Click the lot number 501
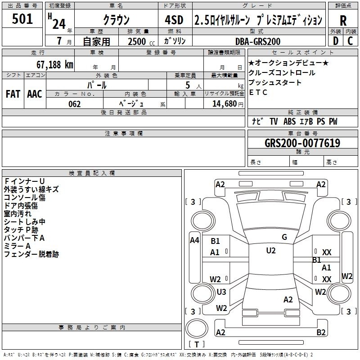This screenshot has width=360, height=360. coord(22,19)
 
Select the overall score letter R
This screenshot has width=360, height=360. coord(343,20)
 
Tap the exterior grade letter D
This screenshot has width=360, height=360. coord(335,40)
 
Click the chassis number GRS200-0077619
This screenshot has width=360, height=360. coord(302,143)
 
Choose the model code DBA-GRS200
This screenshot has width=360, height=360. coord(258,41)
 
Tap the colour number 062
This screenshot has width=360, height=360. coord(75,104)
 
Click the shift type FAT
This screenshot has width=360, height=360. coord(13,94)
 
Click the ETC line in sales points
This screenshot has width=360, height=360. coord(258,92)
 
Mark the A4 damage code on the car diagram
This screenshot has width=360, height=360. coord(194,240)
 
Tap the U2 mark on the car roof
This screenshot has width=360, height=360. coord(270,251)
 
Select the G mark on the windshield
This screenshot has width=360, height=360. coord(284,237)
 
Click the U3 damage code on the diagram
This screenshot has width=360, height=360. coord(221,292)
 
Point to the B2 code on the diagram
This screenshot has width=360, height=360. coord(321,333)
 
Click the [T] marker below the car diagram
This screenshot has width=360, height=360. coord(197,345)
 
